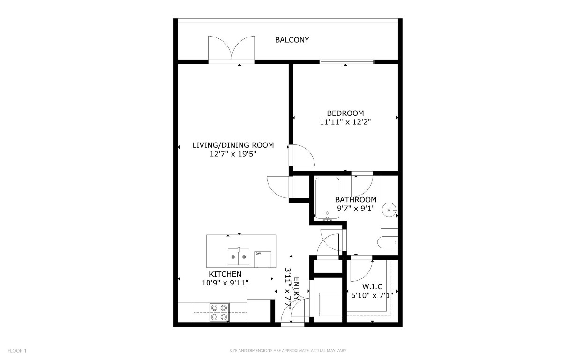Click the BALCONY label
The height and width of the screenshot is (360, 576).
pos(292,40)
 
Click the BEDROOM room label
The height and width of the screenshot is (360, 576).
pos(345,113)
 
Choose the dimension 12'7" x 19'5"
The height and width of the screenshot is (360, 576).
pos(233,154)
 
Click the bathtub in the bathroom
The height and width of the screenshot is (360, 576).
pos(327,198)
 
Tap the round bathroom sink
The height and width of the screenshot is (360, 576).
pos(389,209)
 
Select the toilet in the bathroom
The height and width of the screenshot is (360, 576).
pos(387,242)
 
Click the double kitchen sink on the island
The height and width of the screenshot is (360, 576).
pos(238,256)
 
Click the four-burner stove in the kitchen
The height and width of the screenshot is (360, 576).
pos(219,312)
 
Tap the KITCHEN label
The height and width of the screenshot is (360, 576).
pos(225,274)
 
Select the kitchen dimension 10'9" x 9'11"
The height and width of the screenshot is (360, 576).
pos(225,283)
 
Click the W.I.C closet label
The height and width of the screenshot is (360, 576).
pos(373,286)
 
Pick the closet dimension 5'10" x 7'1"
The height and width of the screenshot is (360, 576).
pos(372,295)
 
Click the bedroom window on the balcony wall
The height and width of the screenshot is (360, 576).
pos(347,61)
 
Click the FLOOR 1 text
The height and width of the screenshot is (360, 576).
pos(17,350)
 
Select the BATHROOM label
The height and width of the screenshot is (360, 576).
pos(355,200)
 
